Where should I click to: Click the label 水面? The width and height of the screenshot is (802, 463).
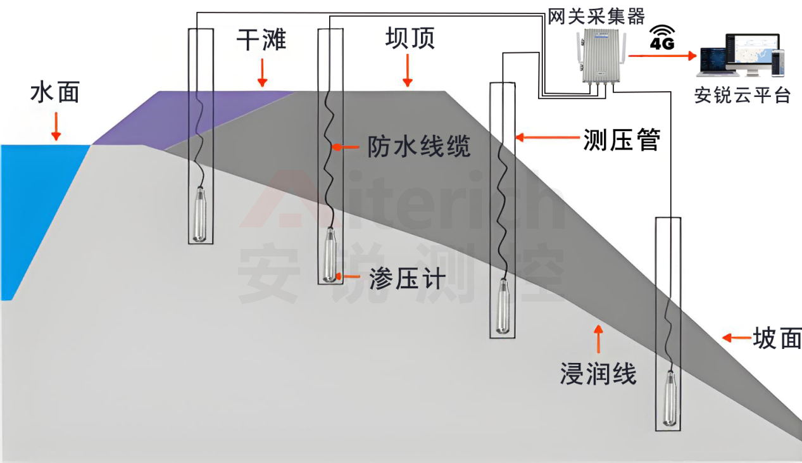pyautogui.click(x=55, y=93)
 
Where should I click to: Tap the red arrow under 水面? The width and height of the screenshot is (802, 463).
pyautogui.click(x=56, y=127)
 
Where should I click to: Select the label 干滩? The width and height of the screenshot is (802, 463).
pyautogui.click(x=261, y=39)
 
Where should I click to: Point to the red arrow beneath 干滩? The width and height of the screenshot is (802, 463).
pyautogui.click(x=263, y=73)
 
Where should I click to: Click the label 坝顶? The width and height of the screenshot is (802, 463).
pyautogui.click(x=410, y=38)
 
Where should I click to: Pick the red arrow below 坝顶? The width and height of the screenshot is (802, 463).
pyautogui.click(x=408, y=70)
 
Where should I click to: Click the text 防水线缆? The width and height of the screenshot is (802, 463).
pyautogui.click(x=419, y=146)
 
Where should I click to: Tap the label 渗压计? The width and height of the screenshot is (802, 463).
pyautogui.click(x=408, y=279)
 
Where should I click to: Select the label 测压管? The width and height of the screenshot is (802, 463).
pyautogui.click(x=622, y=139)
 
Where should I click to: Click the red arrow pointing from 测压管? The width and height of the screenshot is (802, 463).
pyautogui.click(x=548, y=137)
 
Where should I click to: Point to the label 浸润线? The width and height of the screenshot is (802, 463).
pyautogui.click(x=598, y=374)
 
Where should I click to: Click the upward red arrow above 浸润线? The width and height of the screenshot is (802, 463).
pyautogui.click(x=598, y=339)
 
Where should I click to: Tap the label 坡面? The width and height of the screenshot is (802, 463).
pyautogui.click(x=777, y=338)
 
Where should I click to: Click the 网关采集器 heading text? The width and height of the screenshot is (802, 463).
pyautogui.click(x=596, y=16)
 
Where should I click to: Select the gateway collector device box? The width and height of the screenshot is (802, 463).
pyautogui.click(x=601, y=56)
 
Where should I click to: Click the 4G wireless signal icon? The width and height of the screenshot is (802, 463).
pyautogui.click(x=662, y=37)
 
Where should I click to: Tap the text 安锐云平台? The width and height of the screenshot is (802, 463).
pyautogui.click(x=742, y=95)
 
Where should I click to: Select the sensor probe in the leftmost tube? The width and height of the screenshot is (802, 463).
pyautogui.click(x=200, y=214)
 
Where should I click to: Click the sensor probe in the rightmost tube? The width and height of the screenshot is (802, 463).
pyautogui.click(x=670, y=398)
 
